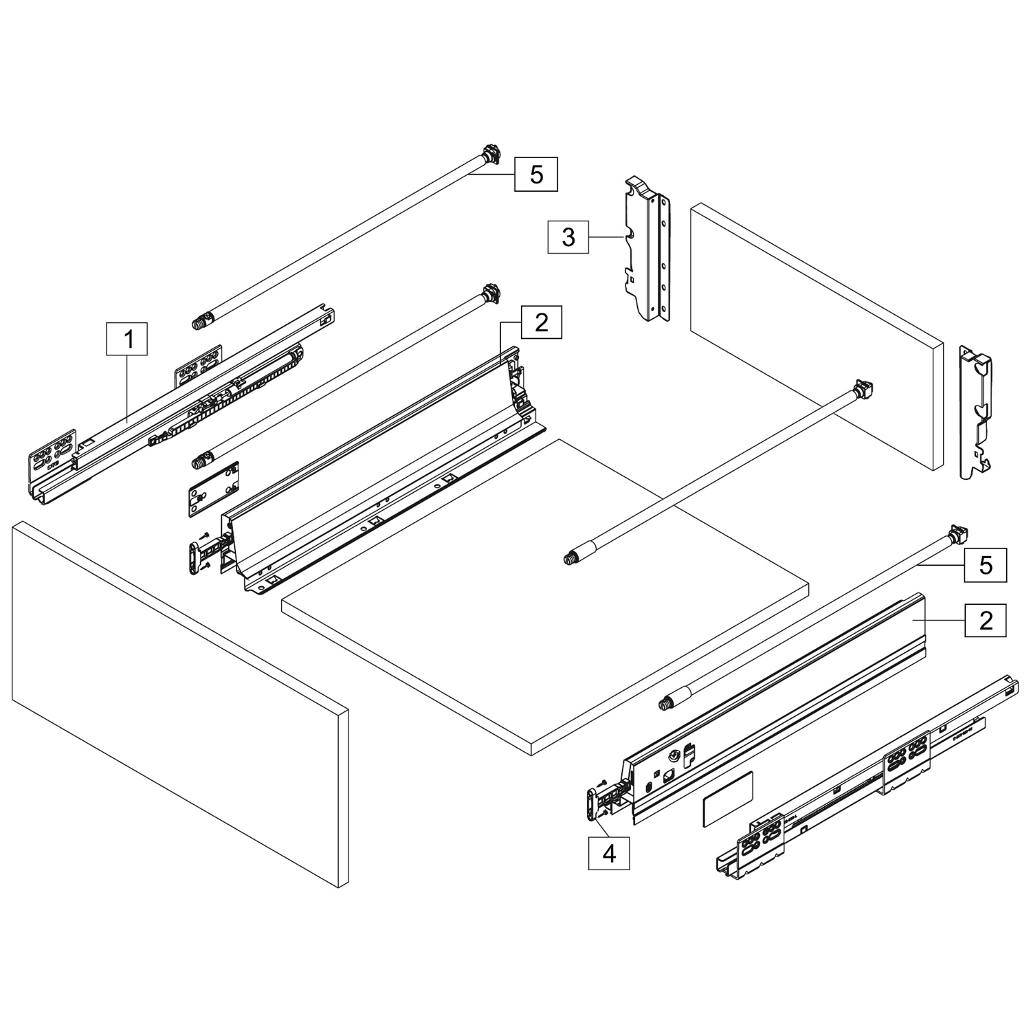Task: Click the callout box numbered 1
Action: pyautogui.click(x=126, y=339)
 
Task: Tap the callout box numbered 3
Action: pyautogui.click(x=568, y=237)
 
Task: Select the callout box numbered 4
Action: pyautogui.click(x=609, y=853)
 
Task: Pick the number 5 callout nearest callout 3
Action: pyautogui.click(x=536, y=175)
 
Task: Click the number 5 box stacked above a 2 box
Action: pyautogui.click(x=986, y=565)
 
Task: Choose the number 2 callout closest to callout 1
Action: pyautogui.click(x=542, y=322)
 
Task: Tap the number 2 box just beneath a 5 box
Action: pyautogui.click(x=986, y=620)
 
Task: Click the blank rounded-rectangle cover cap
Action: pyautogui.click(x=728, y=798)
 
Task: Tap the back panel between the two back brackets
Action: pyautogui.click(x=815, y=336)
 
